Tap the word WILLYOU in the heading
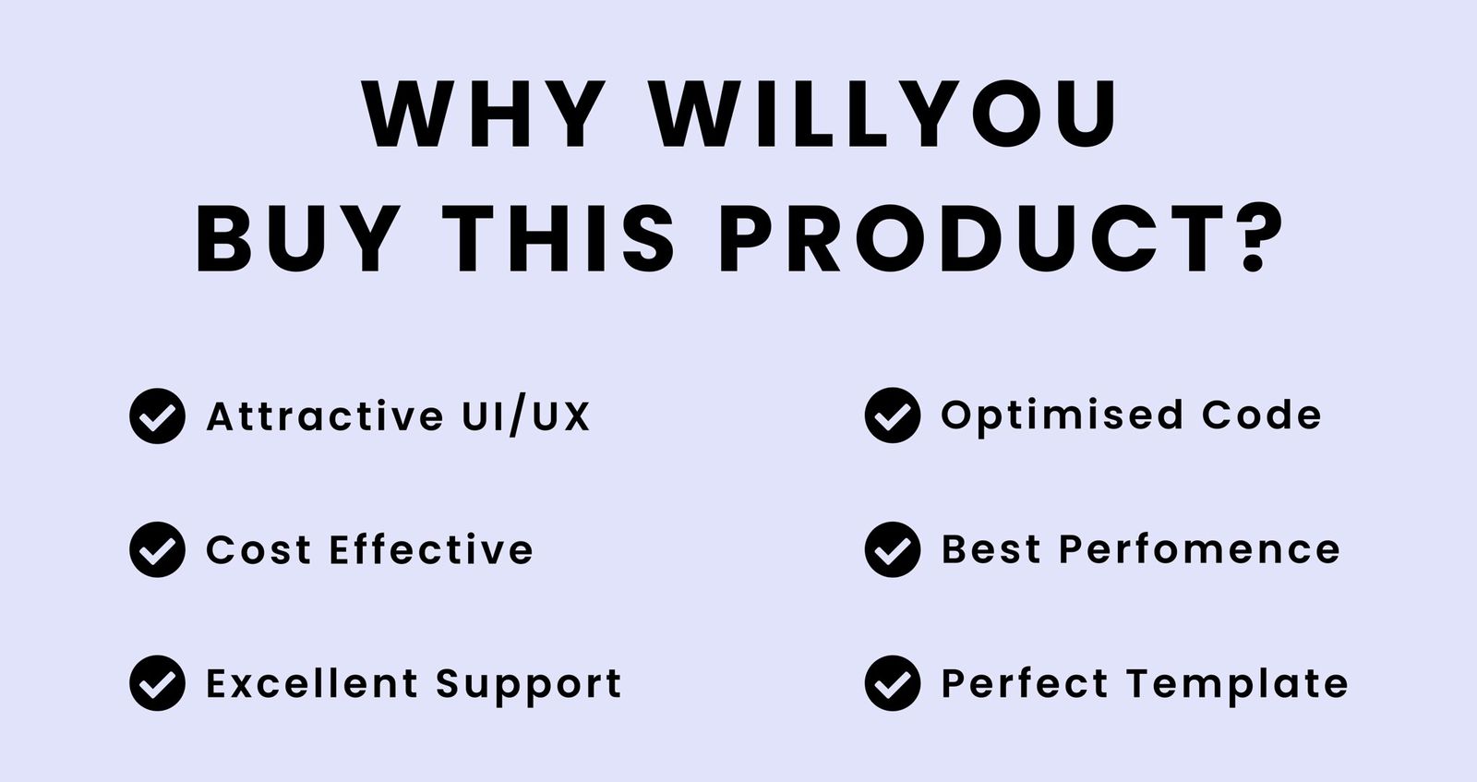[884, 115]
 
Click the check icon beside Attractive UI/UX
[157, 416]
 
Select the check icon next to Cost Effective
[157, 550]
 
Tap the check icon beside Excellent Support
[157, 683]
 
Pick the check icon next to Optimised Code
[893, 416]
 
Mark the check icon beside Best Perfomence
[893, 550]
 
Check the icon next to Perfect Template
[893, 683]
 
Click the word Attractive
[325, 416]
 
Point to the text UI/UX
[525, 416]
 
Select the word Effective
[431, 550]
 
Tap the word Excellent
[312, 684]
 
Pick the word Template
[1238, 684]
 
